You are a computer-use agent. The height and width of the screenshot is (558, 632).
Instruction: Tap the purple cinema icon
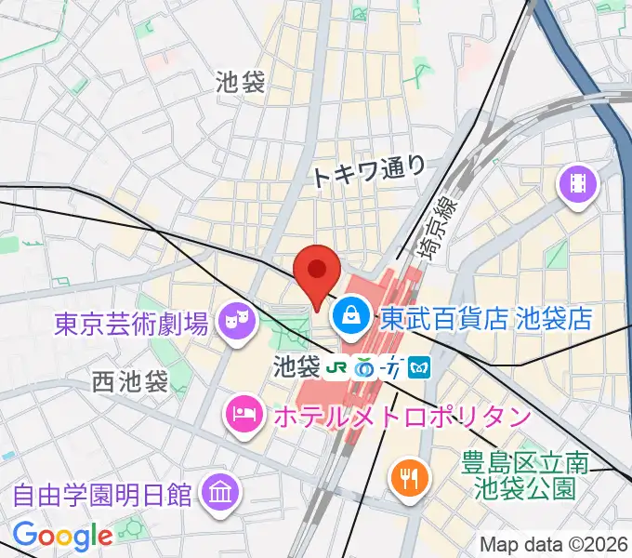tap(579, 183)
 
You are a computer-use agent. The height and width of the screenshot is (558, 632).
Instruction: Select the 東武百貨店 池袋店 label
tap(486, 319)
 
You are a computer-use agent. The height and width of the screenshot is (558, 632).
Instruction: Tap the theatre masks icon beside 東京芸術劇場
tap(233, 323)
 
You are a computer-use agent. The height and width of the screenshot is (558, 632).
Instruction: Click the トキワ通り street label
tap(369, 170)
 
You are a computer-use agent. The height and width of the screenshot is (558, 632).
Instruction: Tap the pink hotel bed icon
tap(244, 410)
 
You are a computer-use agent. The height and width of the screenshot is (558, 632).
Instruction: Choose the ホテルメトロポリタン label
tap(402, 414)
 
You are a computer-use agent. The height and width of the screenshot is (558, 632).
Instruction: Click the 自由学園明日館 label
tap(103, 492)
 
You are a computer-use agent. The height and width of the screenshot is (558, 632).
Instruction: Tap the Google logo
tap(62, 536)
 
